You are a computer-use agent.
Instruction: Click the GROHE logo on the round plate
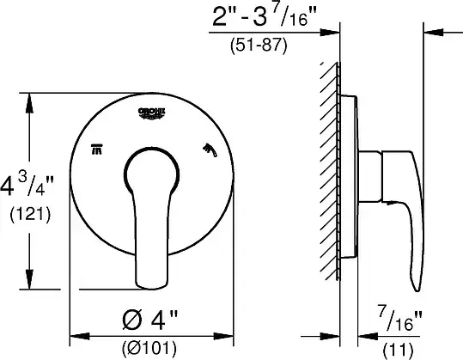[x=151, y=113]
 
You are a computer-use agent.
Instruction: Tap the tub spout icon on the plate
[x=96, y=149]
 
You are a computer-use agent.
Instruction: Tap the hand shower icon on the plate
[x=210, y=150]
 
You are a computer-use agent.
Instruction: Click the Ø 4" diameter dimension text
[x=150, y=320]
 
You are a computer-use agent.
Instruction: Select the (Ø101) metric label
[x=149, y=348]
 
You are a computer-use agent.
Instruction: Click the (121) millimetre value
[x=30, y=215]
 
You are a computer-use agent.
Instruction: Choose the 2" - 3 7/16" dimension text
[x=264, y=15]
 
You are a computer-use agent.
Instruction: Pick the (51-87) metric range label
[x=259, y=46]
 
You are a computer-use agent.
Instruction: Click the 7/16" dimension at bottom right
[x=399, y=319]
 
